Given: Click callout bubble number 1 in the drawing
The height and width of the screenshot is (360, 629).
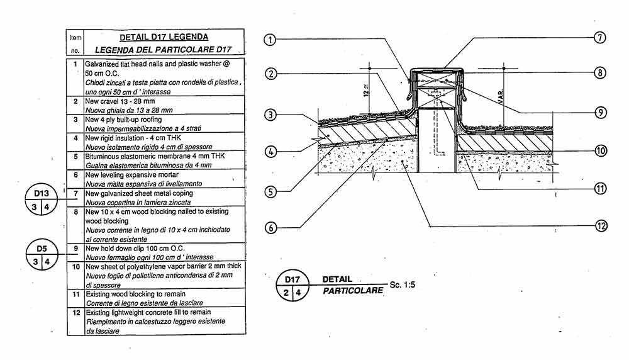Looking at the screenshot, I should pyautogui.click(x=270, y=40).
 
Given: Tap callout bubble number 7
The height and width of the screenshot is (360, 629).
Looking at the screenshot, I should pyautogui.click(x=600, y=37).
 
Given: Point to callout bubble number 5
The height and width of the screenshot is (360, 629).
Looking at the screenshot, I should pyautogui.click(x=270, y=191).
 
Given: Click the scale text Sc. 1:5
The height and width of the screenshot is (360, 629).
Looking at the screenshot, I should pyautogui.click(x=403, y=285).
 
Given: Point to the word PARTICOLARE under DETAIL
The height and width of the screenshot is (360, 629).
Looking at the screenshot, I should pyautogui.click(x=352, y=291).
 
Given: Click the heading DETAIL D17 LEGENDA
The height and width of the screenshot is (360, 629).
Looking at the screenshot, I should pyautogui.click(x=164, y=37).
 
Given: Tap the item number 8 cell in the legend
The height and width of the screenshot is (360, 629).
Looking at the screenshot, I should pyautogui.click(x=75, y=212).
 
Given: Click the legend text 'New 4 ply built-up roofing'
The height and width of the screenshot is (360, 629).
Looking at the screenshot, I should pyautogui.click(x=123, y=119).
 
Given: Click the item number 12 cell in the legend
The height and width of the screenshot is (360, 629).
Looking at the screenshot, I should pyautogui.click(x=75, y=312).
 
